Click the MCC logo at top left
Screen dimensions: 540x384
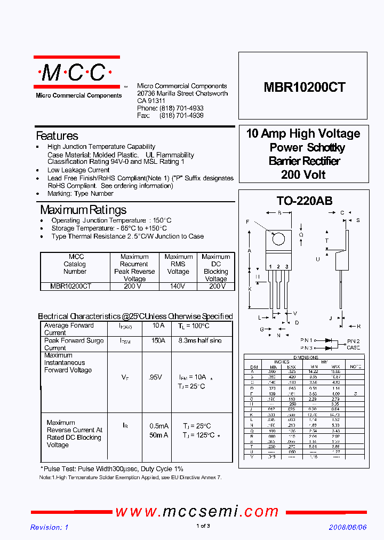tap(76, 73)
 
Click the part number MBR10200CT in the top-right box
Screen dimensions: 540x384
tap(304, 88)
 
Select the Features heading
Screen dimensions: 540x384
tap(57, 136)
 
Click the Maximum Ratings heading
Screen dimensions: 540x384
tap(83, 210)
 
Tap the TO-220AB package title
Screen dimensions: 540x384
tap(304, 201)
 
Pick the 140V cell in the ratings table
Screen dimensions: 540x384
tap(178, 286)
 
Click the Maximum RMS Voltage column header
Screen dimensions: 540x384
tap(178, 264)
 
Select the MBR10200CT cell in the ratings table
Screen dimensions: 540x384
tap(71, 286)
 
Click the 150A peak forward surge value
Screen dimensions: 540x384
tap(158, 340)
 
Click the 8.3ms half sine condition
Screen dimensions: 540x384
tap(200, 340)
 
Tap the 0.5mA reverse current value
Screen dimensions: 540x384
tap(159, 426)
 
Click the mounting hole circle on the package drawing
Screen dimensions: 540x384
tap(278, 239)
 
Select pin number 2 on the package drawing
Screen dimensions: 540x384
tap(278, 267)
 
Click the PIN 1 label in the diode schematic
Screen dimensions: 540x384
tap(307, 340)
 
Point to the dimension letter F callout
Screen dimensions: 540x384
tap(247, 221)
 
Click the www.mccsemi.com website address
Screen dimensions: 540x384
tap(197, 511)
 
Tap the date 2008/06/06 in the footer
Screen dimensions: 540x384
tap(347, 527)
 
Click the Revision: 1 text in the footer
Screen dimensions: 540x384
tap(50, 527)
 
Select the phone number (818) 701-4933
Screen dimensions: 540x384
tap(181, 108)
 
